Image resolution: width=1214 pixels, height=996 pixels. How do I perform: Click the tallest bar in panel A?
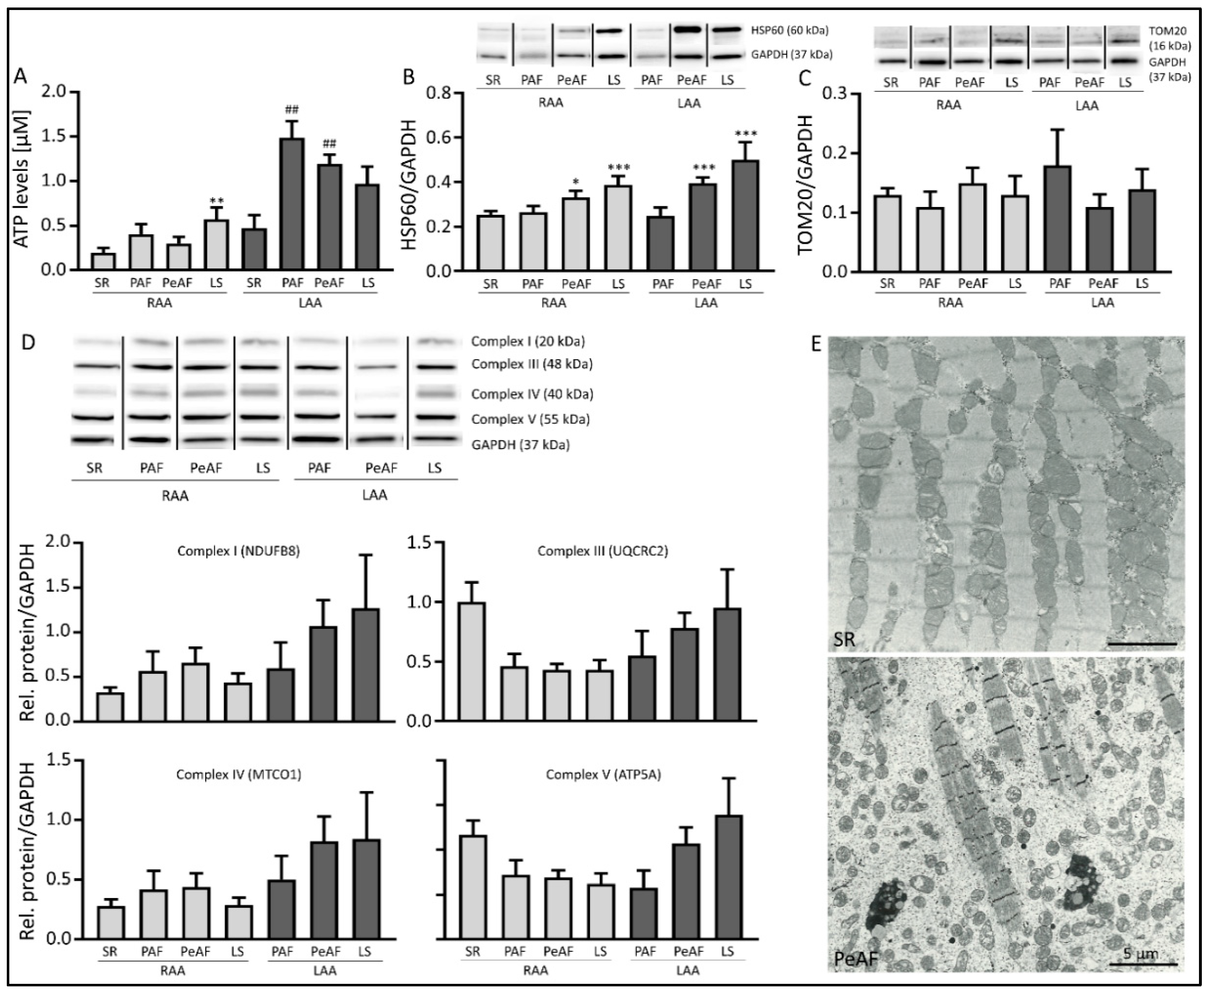click(292, 204)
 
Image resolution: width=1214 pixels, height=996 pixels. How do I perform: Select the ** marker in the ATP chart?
click(216, 201)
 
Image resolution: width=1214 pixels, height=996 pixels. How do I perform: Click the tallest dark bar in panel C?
click(1057, 218)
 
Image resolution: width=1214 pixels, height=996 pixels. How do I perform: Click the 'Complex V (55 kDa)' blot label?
click(530, 419)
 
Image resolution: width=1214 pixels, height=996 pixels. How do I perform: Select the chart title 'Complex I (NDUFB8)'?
click(238, 551)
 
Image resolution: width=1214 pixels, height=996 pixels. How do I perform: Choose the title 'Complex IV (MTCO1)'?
click(238, 775)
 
